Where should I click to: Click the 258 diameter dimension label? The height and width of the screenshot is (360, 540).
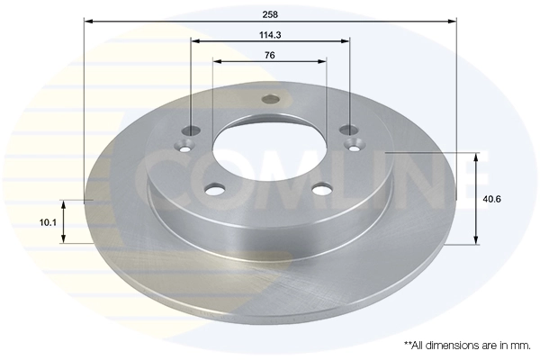point(270,14)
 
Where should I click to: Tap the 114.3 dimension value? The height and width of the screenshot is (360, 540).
point(270,35)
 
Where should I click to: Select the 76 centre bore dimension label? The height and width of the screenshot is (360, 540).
point(270,55)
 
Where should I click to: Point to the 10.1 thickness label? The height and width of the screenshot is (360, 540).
point(48,222)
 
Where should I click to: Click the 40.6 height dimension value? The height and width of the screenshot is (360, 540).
point(491,199)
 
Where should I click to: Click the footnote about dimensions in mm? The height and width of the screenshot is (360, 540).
point(467,346)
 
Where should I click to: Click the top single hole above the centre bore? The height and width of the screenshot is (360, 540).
point(271,99)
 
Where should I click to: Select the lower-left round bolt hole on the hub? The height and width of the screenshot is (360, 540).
point(215,189)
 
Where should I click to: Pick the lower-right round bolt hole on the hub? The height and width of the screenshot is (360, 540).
point(322,189)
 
